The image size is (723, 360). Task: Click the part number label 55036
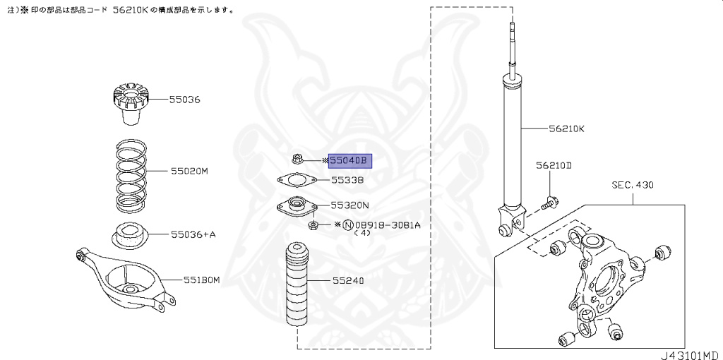[184, 100]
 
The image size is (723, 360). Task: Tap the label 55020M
[189, 171]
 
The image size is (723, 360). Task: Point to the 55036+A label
[192, 234]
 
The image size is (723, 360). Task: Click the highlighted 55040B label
[349, 161]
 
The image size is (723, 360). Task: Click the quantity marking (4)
[361, 233]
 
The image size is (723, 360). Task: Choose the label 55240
[348, 280]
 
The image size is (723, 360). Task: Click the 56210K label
[567, 129]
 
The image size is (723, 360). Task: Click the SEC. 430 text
[632, 186]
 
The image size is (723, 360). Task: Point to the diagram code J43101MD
[688, 352]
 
